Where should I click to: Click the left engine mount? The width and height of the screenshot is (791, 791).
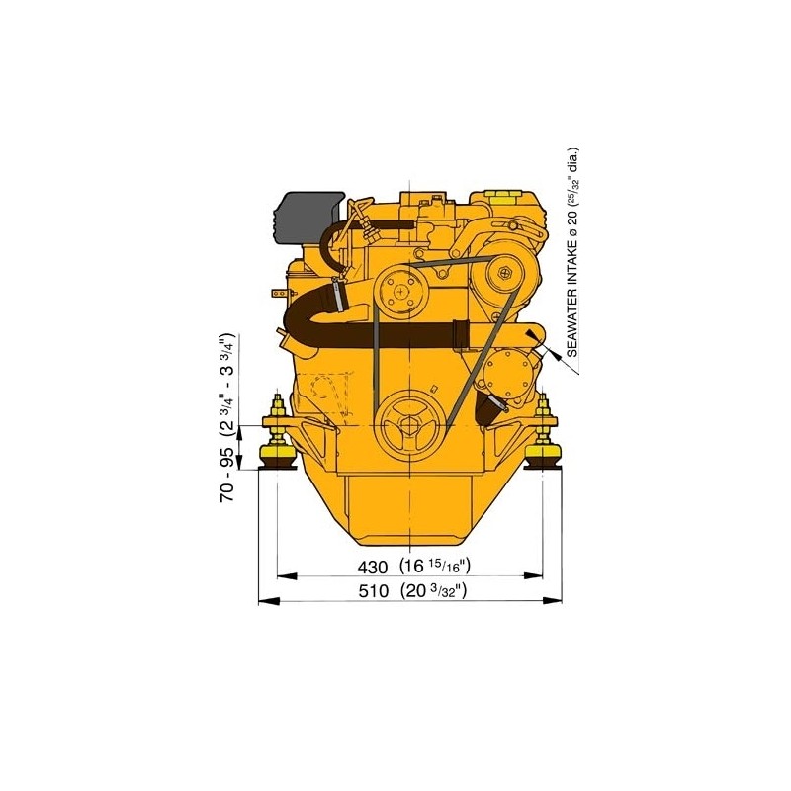coord(276,439)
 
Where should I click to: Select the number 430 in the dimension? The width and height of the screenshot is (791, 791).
coord(370,568)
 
